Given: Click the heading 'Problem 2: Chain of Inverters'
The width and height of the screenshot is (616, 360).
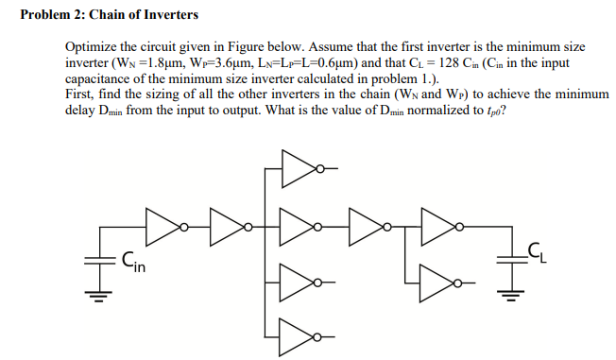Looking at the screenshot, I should pos(110,15).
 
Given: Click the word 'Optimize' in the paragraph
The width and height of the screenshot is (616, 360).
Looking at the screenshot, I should pos(93,46).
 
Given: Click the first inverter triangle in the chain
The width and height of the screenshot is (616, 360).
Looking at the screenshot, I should pos(162,227).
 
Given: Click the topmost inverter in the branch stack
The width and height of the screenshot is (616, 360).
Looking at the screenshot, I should pos(299,169).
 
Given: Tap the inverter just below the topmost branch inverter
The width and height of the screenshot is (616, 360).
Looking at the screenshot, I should pos(299,227).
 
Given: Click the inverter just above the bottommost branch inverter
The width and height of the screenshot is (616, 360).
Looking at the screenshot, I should pos(299,282).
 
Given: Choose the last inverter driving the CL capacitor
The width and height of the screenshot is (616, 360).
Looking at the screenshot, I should pos(436,227).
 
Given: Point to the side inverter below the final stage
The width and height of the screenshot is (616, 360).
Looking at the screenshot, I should pos(436,281).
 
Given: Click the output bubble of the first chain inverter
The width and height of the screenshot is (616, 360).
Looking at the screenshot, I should pos(185,227).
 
